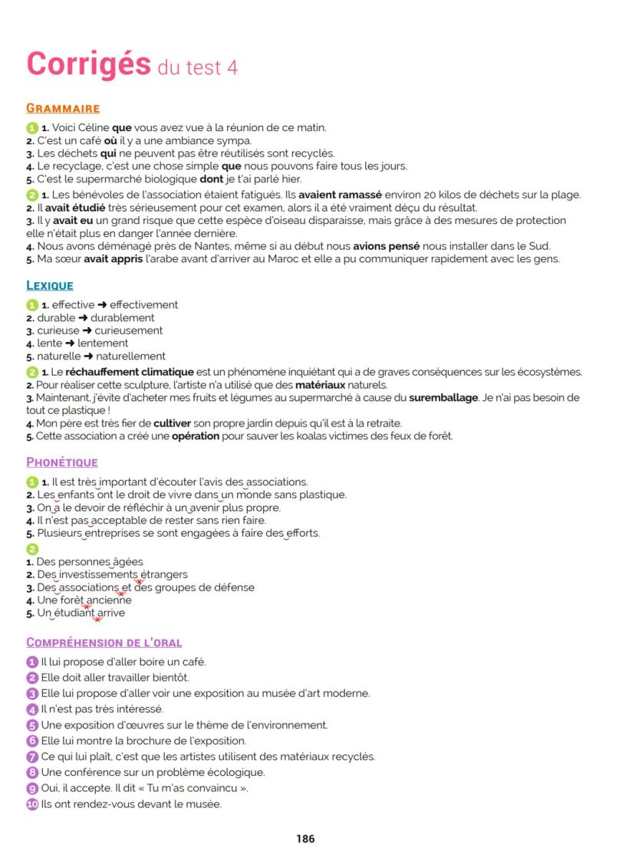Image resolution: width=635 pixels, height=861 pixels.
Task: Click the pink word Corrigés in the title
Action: point(88,64)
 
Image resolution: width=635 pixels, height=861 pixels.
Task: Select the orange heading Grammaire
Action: point(63,109)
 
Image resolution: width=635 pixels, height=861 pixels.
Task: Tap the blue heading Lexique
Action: point(50,286)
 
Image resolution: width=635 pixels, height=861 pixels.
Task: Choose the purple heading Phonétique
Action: point(62,462)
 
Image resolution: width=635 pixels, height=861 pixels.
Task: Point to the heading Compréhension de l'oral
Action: point(104,642)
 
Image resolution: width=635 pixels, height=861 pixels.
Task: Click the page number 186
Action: point(305,839)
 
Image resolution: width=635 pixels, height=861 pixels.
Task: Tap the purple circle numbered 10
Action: point(32,804)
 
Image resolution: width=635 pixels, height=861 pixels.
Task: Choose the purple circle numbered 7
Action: point(32,757)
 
